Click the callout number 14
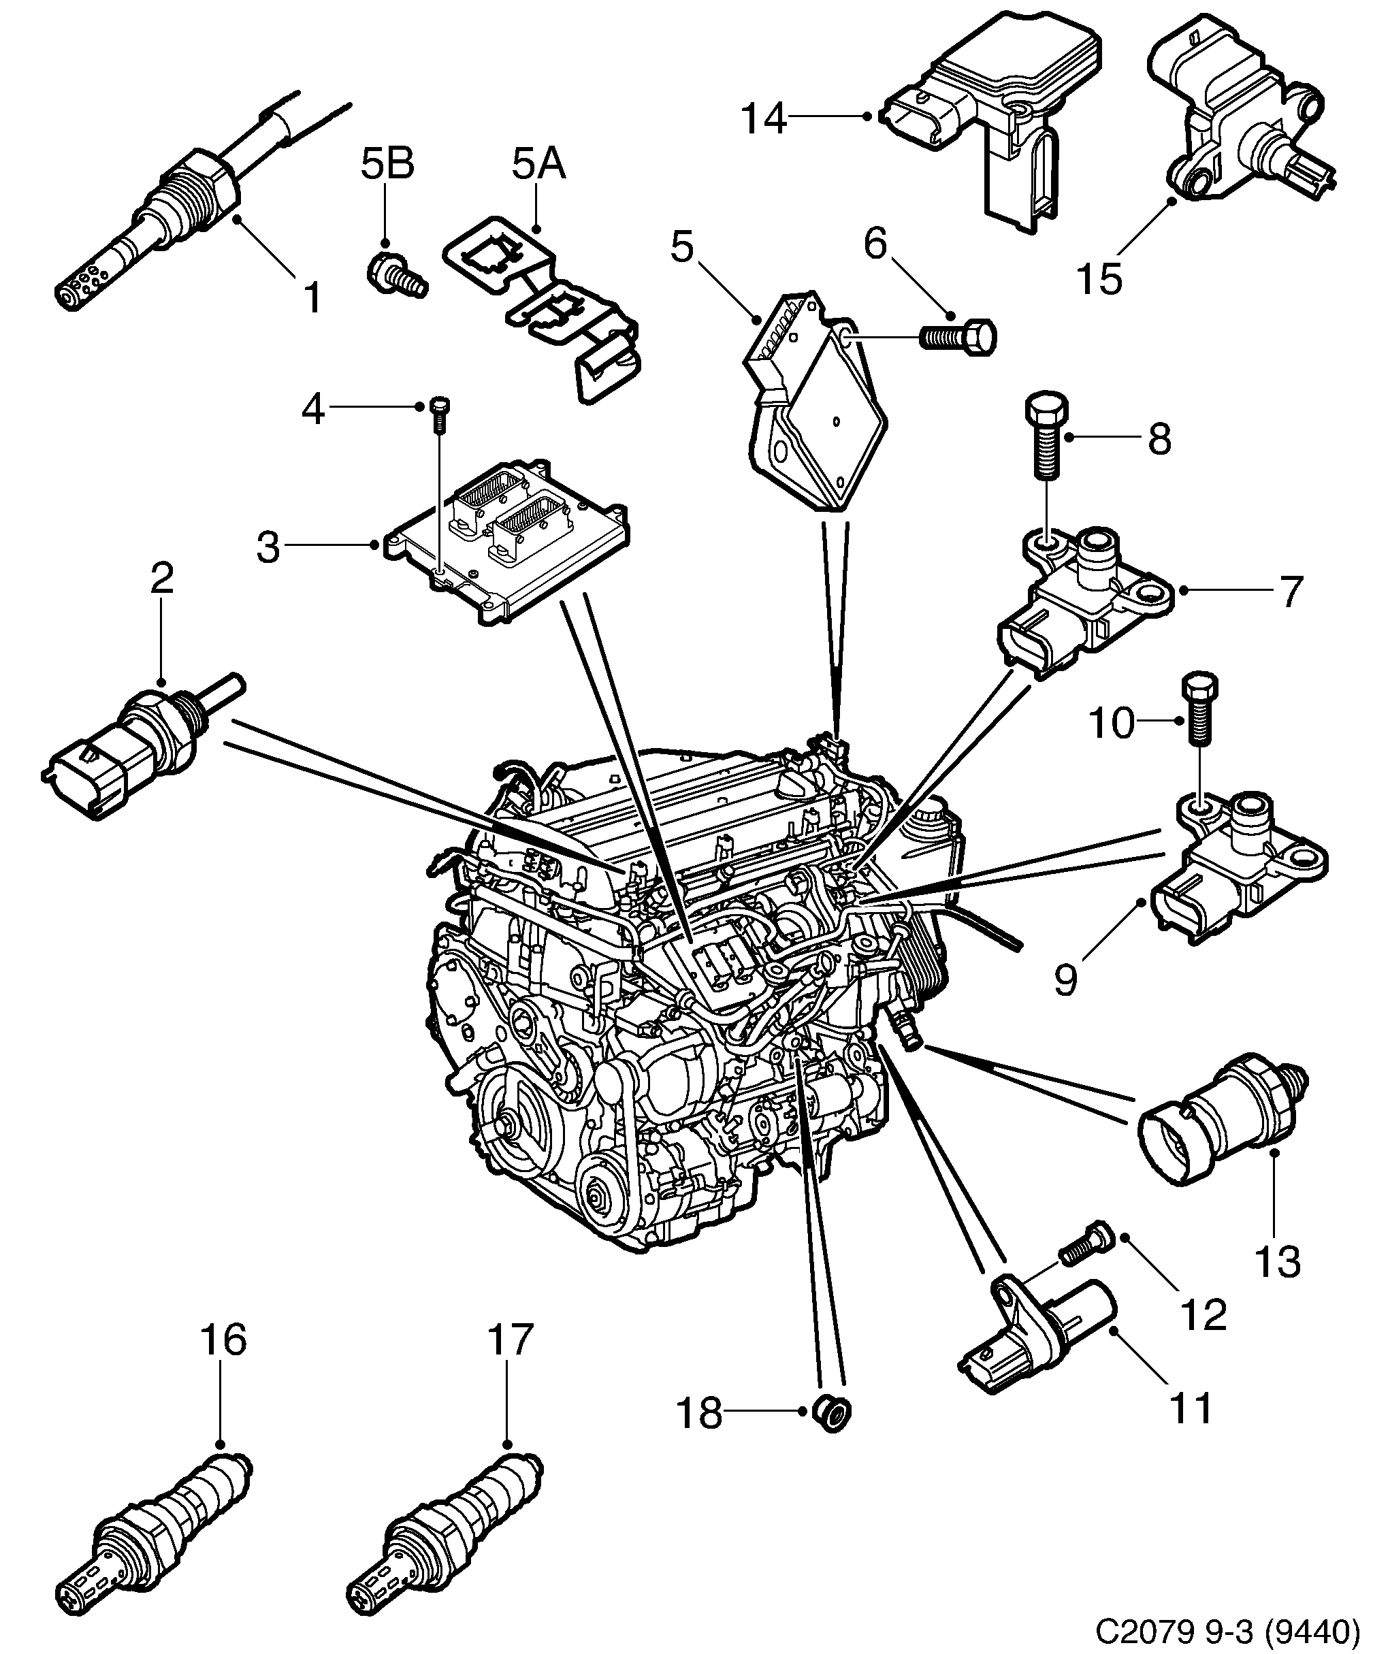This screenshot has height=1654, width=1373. tap(763, 120)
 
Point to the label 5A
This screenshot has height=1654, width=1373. tap(539, 165)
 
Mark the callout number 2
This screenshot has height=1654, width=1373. tap(161, 579)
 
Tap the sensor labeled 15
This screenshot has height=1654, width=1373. tap(1237, 118)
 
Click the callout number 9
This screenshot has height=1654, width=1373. tap(1065, 979)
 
